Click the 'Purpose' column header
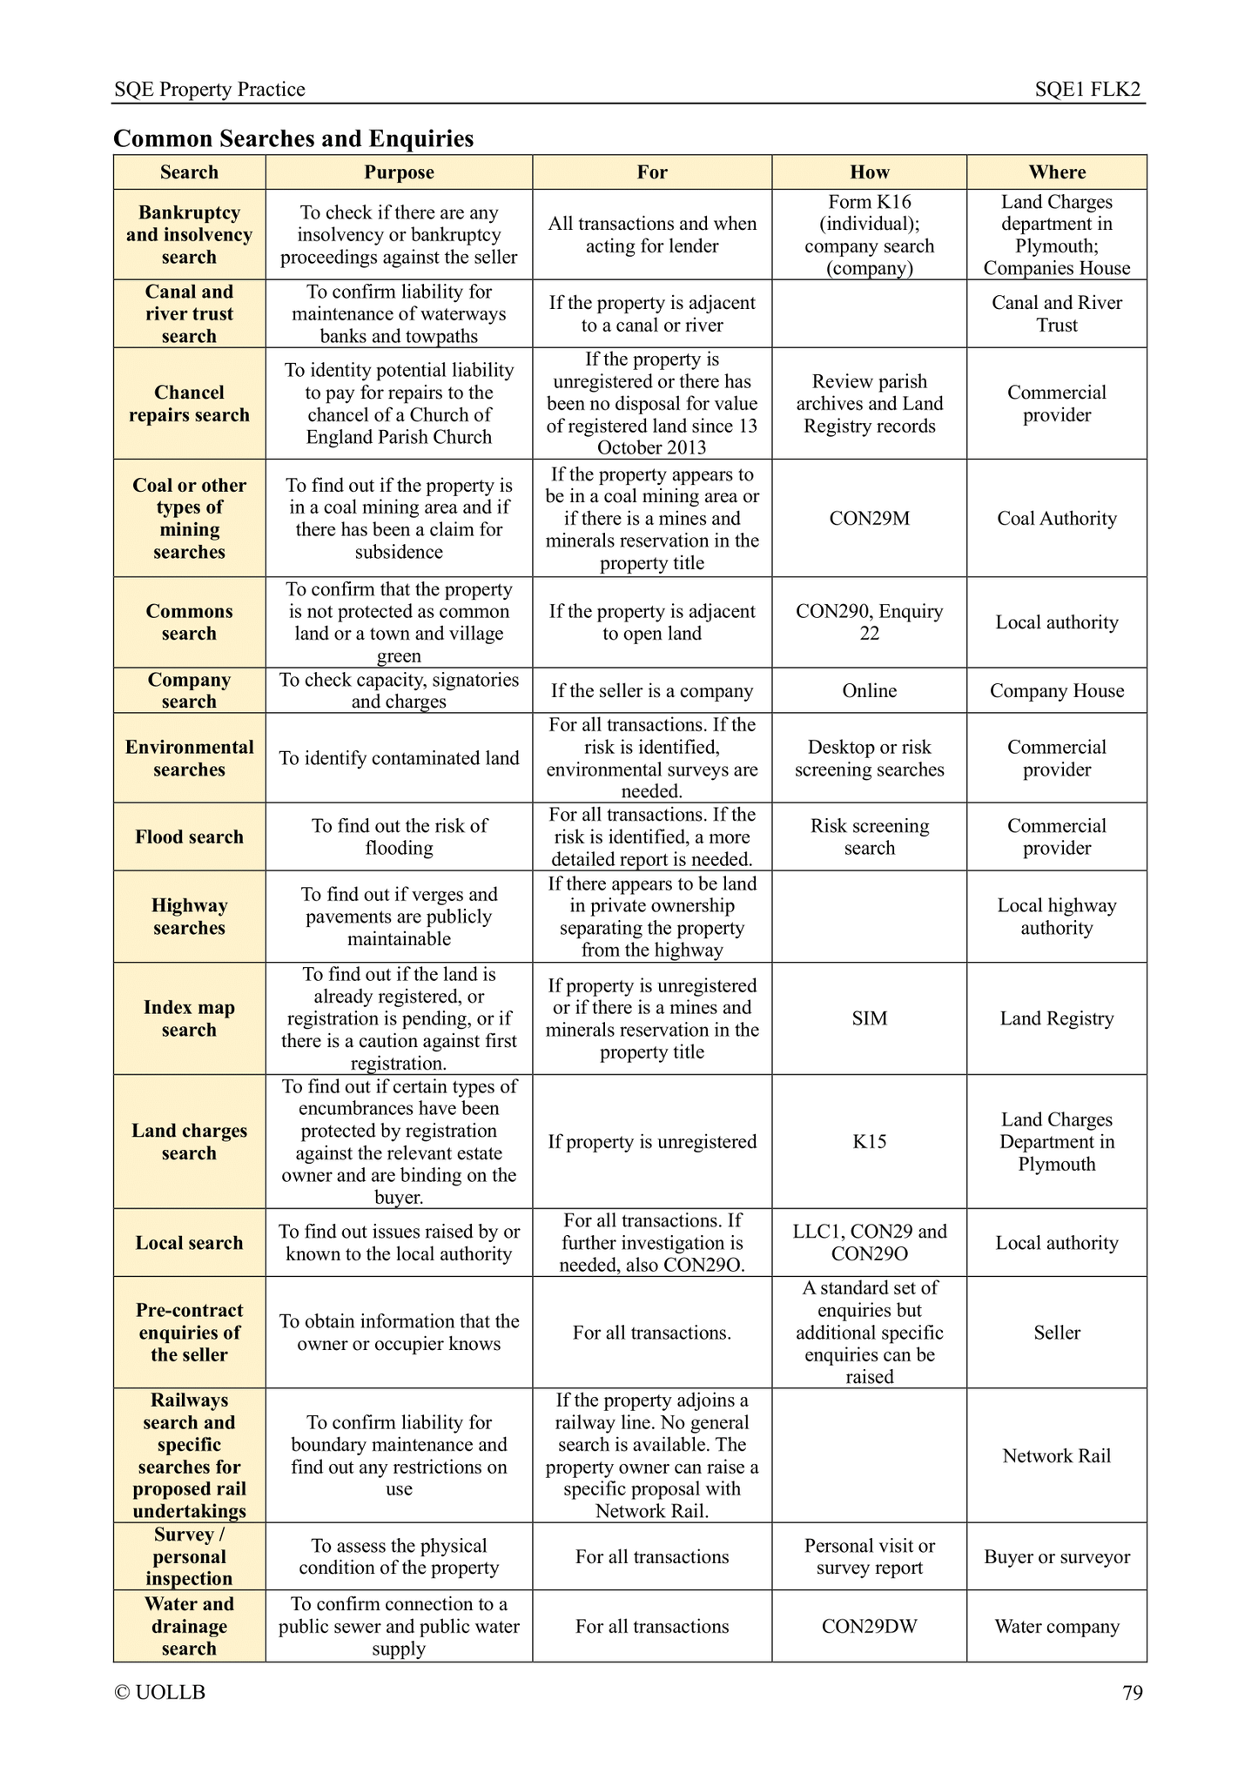(x=399, y=172)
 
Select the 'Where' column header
(x=1057, y=172)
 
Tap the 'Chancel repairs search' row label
(x=189, y=404)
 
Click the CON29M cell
(x=869, y=519)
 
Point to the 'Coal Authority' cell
(x=1057, y=519)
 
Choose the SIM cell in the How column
(x=869, y=1018)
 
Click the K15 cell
(x=869, y=1142)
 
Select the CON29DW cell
(x=869, y=1627)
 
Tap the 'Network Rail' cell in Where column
(x=1057, y=1456)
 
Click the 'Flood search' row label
(x=189, y=837)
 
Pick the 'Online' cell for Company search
(x=869, y=691)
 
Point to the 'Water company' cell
(x=1057, y=1627)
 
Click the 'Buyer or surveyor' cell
(x=1057, y=1557)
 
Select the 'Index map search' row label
(x=189, y=1018)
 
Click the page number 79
(x=1133, y=1693)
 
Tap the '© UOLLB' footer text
(x=160, y=1693)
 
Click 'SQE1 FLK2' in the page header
(x=1087, y=90)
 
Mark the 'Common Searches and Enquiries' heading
(x=294, y=139)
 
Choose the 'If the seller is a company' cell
(x=652, y=691)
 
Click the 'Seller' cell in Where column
(x=1057, y=1333)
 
